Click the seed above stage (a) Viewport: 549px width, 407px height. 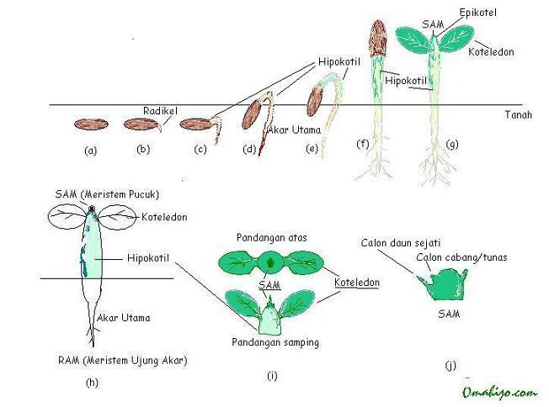click(91, 124)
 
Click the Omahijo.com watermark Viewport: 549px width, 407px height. click(498, 392)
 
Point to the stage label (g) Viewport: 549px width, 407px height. click(451, 145)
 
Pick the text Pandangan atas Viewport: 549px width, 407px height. click(269, 236)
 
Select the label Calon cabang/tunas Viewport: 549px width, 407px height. click(461, 257)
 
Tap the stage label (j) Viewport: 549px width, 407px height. click(451, 367)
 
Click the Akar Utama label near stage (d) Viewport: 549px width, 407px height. click(290, 130)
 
